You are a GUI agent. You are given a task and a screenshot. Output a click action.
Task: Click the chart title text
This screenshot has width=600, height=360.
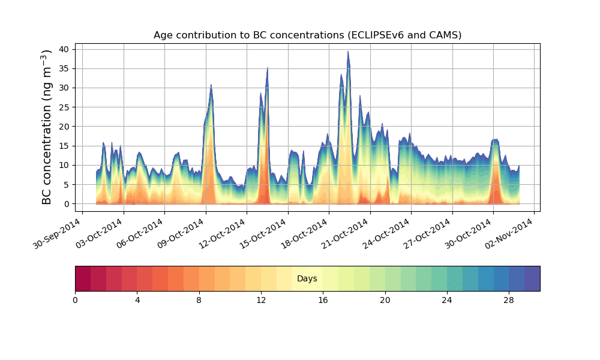(307, 35)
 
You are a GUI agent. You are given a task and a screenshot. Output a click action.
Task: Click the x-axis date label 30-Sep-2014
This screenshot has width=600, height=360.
(58, 235)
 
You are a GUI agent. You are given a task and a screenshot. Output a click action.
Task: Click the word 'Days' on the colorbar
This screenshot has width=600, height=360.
(307, 279)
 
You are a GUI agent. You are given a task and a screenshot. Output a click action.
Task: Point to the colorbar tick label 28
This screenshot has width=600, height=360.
(509, 300)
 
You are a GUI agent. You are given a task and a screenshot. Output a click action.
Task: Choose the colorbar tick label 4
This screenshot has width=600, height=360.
(137, 300)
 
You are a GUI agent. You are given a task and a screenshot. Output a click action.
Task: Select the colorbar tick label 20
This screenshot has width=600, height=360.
(385, 300)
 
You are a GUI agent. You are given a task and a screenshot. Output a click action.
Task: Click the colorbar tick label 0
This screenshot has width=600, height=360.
(75, 300)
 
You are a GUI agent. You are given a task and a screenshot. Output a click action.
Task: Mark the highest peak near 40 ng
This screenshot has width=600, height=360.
(348, 52)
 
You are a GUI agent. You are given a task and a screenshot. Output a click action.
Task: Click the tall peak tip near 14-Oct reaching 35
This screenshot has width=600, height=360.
(268, 68)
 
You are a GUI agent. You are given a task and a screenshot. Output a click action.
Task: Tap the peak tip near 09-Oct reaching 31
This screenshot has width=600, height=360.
(211, 85)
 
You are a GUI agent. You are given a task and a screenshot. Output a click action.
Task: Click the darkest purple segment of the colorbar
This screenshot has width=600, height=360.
(532, 278)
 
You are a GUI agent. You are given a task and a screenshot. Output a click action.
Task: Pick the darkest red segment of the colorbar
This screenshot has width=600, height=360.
(83, 278)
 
